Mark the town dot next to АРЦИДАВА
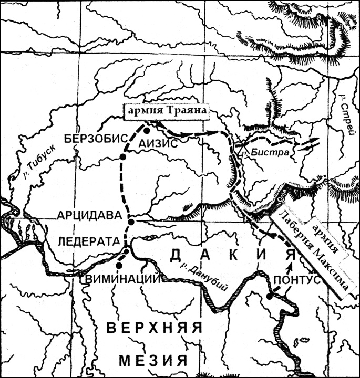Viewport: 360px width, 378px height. [x=131, y=222]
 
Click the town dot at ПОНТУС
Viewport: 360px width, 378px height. [x=269, y=297]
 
